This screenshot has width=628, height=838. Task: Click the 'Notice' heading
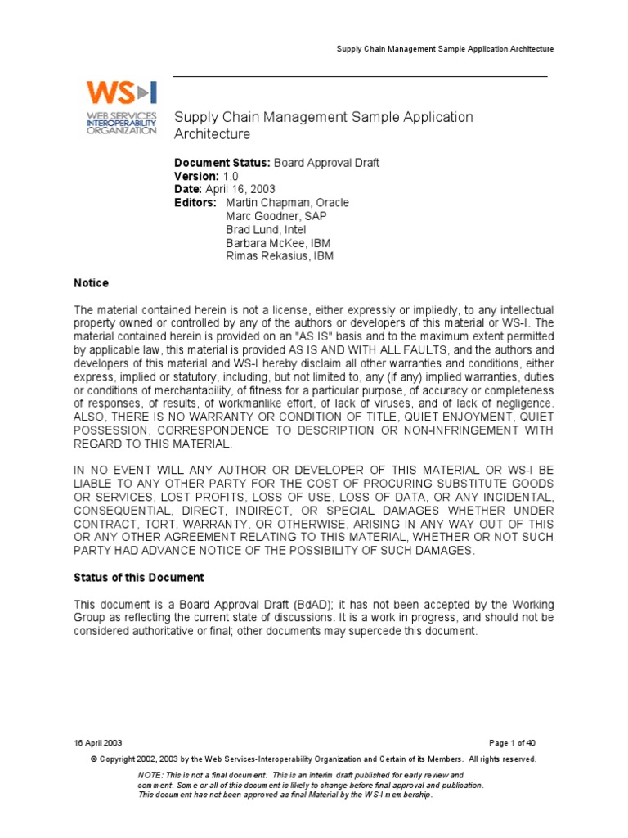pos(92,283)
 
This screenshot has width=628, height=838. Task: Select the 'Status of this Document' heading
pos(139,578)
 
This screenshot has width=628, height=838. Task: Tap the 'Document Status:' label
pos(211,164)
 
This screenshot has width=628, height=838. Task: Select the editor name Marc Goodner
pos(258,216)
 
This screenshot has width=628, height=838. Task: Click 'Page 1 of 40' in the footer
pos(512,743)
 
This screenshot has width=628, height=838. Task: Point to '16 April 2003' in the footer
pos(98,743)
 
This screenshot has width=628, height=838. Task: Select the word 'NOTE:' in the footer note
pos(150,774)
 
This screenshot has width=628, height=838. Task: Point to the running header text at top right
pos(446,49)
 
